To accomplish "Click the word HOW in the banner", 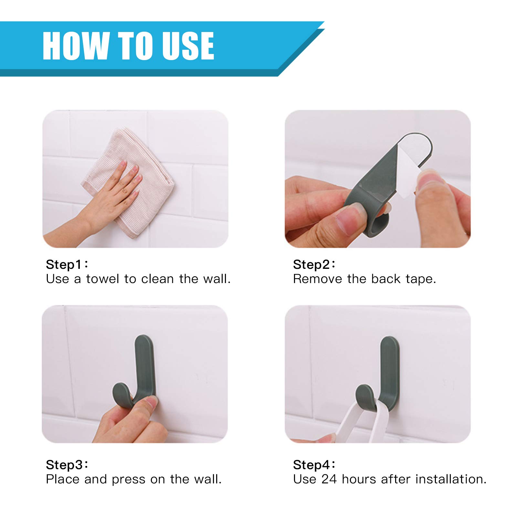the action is pyautogui.click(x=76, y=46).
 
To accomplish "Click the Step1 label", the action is pyautogui.click(x=67, y=265).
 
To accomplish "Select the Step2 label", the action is pyautogui.click(x=314, y=265).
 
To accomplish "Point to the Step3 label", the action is pyautogui.click(x=67, y=465).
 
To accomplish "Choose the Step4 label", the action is pyautogui.click(x=314, y=465).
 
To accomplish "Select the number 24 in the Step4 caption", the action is pyautogui.click(x=329, y=479).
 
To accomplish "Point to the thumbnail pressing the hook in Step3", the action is pyautogui.click(x=151, y=402).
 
